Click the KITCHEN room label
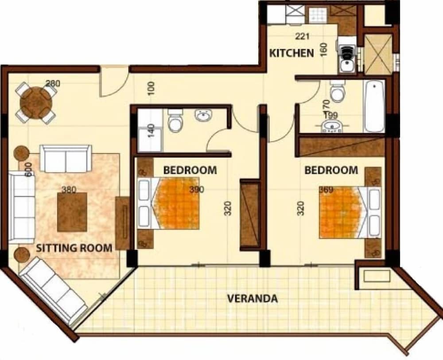pos(291,53)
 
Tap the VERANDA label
pos(253,298)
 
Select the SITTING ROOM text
pos(74,248)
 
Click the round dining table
pos(36,102)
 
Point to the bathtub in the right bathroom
pos(374,106)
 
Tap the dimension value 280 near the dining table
pos(53,83)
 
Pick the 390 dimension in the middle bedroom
pos(196,190)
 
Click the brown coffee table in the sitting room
pos(72,212)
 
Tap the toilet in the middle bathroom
pos(175,121)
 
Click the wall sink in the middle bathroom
pos(203,115)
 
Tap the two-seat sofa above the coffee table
pos(66,158)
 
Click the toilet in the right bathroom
pos(338,91)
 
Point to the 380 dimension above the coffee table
pos(69,190)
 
